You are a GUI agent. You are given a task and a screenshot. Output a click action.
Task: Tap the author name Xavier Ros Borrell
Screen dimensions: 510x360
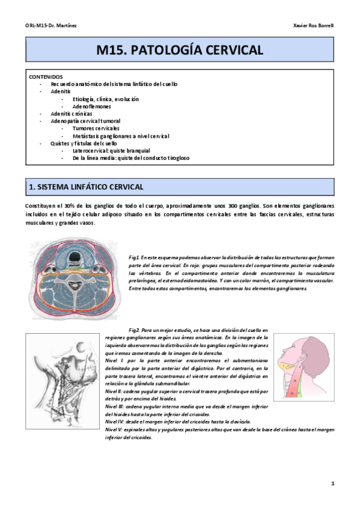point(313,26)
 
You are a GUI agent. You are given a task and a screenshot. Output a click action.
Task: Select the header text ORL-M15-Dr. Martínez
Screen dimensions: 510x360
point(51,26)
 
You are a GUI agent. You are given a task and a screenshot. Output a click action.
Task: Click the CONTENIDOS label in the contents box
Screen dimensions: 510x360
point(45,77)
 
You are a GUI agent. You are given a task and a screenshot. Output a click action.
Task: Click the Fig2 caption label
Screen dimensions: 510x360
point(134,330)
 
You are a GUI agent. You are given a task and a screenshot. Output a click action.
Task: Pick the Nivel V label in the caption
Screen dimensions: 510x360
point(113,430)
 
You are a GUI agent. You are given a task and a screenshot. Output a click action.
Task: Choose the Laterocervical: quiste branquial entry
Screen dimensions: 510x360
point(111,150)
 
